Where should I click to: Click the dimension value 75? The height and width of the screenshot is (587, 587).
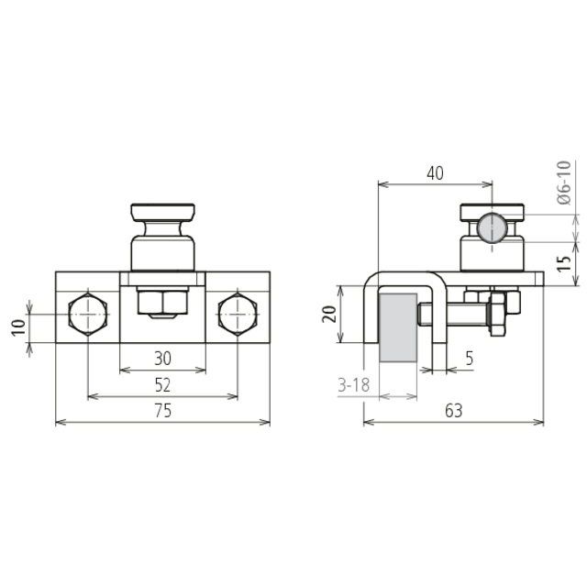(x=162, y=411)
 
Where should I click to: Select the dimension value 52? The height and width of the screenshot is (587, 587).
(x=162, y=385)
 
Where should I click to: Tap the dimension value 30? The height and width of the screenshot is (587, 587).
(x=162, y=359)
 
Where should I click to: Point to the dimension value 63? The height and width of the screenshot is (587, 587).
(x=454, y=411)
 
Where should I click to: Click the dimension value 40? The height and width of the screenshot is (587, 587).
(x=435, y=173)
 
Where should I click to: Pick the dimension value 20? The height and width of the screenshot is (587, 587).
(x=330, y=314)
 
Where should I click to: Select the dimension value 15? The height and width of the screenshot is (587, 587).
(x=563, y=263)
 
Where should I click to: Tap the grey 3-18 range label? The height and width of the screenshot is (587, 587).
(x=353, y=385)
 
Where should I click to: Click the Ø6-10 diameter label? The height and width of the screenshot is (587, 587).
(x=564, y=183)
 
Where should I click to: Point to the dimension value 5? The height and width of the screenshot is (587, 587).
(x=469, y=359)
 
